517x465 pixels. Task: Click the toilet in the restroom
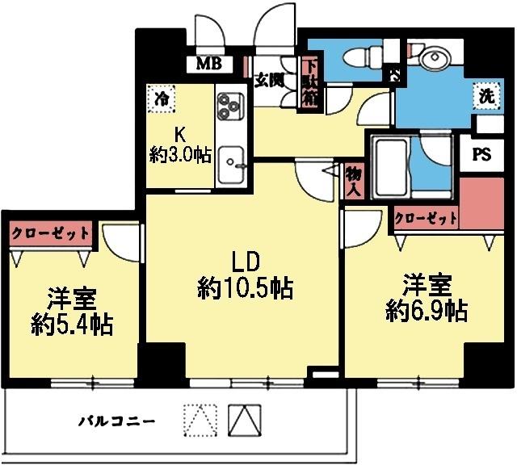point(359,59)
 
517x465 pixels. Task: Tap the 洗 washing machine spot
point(485,94)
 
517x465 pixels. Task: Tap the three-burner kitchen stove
point(229,105)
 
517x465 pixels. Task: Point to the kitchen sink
point(231,163)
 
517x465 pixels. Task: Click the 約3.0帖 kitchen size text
point(181,155)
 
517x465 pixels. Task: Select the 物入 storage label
point(352,181)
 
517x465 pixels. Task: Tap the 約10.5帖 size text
point(245,287)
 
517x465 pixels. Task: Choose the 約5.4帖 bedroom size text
point(72,325)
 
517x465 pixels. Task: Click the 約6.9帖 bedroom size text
point(427,311)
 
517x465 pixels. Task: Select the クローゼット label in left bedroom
point(50,232)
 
